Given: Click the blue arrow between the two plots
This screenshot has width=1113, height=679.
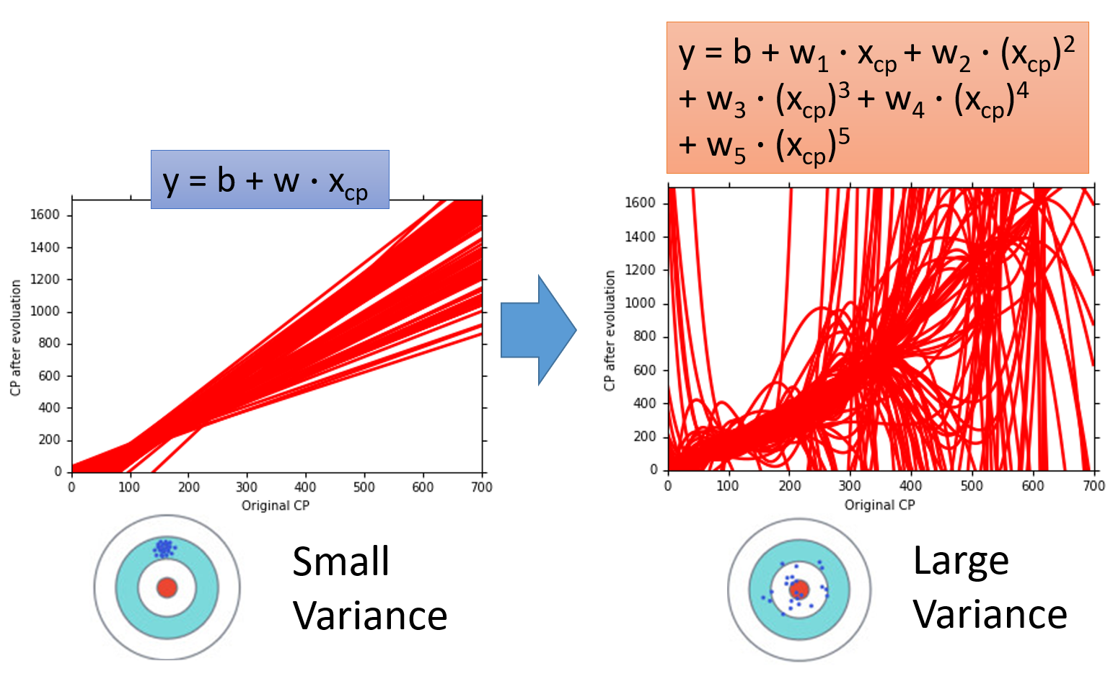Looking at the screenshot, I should click(x=537, y=330).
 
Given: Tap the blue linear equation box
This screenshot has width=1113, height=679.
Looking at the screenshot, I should click(x=270, y=179).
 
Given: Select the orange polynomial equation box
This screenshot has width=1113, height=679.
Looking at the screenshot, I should click(x=877, y=97).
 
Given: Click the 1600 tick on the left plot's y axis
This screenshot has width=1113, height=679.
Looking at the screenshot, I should click(x=45, y=215).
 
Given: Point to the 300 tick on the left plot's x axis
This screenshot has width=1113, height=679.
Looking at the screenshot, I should click(x=247, y=487).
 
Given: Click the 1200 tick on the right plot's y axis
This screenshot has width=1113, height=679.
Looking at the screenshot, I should click(x=639, y=270).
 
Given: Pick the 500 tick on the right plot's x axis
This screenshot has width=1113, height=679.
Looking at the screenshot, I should click(x=972, y=486).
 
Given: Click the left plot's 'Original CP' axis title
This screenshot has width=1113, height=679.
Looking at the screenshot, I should click(x=275, y=506).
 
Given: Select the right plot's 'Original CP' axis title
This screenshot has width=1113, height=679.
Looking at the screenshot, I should click(x=879, y=505).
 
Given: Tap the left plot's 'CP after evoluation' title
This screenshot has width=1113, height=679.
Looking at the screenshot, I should click(x=16, y=338).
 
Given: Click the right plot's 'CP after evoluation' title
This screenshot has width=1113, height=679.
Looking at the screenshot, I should click(x=610, y=331).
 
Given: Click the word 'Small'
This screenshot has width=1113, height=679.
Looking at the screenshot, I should click(x=340, y=562).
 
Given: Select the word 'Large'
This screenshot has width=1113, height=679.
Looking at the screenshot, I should click(x=960, y=561).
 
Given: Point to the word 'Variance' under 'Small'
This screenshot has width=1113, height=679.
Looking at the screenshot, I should click(x=370, y=616).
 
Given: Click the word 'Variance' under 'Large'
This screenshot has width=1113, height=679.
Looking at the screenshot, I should click(x=990, y=614).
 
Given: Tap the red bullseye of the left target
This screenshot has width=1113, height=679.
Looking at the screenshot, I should click(x=167, y=587).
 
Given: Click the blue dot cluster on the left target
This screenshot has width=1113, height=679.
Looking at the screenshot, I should click(x=164, y=549).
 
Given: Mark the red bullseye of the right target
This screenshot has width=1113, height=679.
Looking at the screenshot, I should click(x=799, y=590).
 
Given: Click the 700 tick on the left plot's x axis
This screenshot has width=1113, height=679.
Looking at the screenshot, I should click(x=482, y=487).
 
